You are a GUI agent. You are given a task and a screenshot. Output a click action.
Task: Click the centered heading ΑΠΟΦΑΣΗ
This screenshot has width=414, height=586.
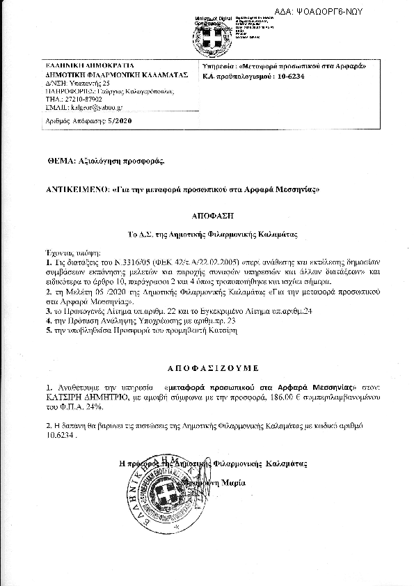pos(207,216)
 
